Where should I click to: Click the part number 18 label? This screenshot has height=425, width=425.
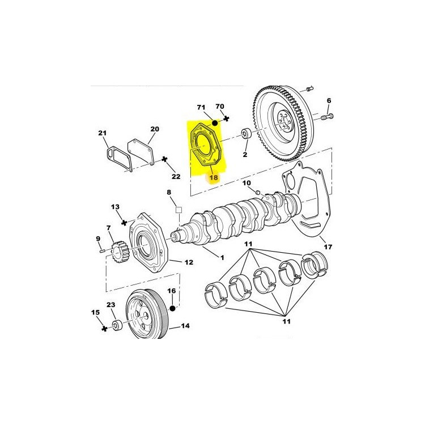coord(214,177)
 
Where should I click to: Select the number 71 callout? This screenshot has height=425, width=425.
coord(201,108)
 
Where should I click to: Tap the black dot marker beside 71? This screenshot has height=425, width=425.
coord(215,123)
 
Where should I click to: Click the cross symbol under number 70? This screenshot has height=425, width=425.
coord(226,118)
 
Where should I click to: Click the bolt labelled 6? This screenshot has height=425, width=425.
coord(327,117)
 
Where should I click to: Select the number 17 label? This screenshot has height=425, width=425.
coord(328,247)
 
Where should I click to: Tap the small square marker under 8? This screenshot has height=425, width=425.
coord(178,210)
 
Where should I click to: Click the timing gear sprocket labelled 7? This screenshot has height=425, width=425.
coord(119,252)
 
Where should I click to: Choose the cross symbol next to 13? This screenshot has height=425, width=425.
coord(124,223)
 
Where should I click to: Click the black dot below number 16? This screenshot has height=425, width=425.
coord(172,308)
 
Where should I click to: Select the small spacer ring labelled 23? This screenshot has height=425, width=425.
coord(117,325)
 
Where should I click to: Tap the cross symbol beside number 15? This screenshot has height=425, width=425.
coord(104,329)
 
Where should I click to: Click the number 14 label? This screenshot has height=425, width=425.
coord(185,325)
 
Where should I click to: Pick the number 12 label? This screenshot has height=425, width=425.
coord(189,262)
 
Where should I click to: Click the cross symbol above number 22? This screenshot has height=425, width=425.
coord(164,159)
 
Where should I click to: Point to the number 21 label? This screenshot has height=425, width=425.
coord(103,133)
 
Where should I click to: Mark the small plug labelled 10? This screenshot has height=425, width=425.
coord(258,193)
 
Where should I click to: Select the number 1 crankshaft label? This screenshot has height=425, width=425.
coord(222,257)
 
